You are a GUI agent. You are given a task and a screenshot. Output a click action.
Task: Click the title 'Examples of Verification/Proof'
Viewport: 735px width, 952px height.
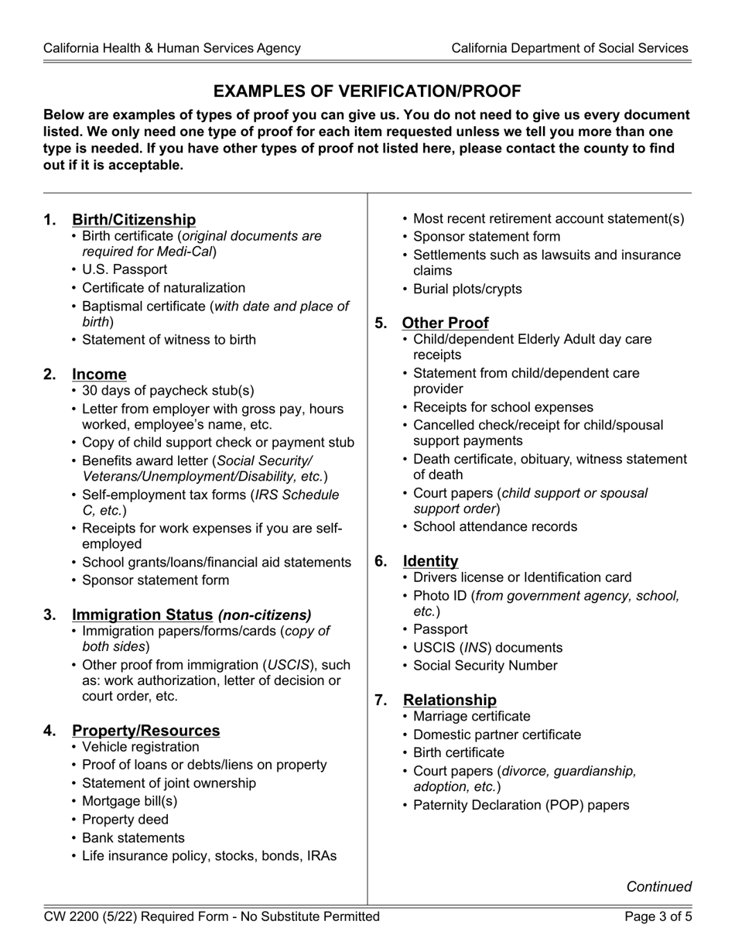367,91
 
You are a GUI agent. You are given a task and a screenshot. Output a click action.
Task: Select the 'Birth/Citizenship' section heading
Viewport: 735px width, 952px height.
134,220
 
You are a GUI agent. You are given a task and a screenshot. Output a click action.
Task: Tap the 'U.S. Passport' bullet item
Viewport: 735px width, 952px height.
125,269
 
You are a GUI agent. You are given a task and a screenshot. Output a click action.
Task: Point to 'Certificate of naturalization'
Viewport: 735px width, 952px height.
163,288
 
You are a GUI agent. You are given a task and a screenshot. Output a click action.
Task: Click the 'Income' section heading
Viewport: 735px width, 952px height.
99,375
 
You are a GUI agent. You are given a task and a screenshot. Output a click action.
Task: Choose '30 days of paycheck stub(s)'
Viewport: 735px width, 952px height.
168,391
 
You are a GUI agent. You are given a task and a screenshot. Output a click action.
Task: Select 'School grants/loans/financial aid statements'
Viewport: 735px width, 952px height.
216,562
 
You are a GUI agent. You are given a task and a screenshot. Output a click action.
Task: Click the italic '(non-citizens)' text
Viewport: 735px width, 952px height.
265,615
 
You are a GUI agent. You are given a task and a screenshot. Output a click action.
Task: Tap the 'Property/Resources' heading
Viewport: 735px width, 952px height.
146,731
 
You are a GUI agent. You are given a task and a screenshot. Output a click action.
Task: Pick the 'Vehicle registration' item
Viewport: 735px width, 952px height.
140,747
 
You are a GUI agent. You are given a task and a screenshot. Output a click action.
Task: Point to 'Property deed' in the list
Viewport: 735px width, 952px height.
125,820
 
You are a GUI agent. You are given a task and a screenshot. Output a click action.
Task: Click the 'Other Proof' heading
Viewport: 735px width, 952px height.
446,324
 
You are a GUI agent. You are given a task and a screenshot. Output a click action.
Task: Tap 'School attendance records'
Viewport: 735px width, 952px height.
495,527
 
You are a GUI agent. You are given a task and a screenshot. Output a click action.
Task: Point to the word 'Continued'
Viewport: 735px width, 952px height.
658,887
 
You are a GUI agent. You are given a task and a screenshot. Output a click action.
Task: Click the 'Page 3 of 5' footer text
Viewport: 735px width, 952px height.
658,917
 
